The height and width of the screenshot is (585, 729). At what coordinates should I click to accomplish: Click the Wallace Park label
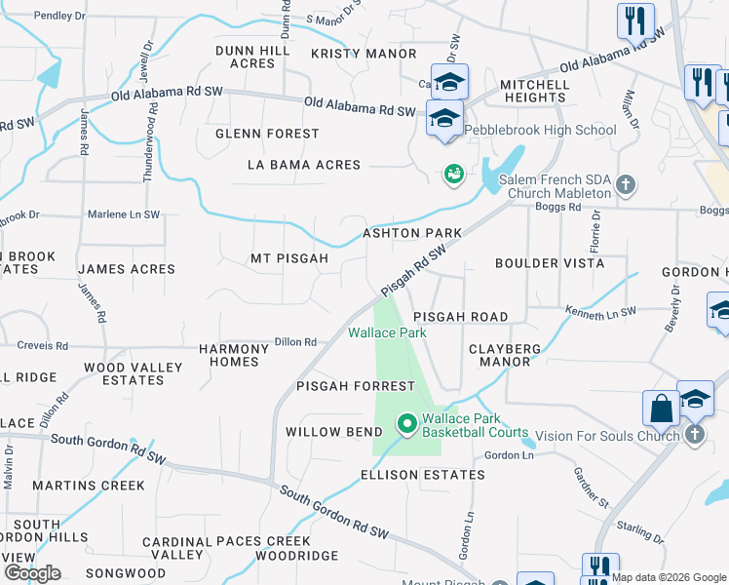[x=387, y=332]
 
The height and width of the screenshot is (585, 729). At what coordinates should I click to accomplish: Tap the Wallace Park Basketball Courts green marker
[x=406, y=423]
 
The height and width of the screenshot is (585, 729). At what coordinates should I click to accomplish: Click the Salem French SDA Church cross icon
[x=627, y=183]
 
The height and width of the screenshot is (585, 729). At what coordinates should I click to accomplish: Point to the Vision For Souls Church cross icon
[x=694, y=434]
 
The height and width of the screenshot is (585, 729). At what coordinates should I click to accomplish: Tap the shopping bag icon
[x=661, y=409]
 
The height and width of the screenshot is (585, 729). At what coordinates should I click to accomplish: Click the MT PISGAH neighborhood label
[x=289, y=258]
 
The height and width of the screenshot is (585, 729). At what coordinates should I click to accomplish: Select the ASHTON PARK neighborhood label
[x=412, y=233]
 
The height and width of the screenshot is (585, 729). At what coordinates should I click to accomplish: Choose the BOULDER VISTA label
[x=550, y=263]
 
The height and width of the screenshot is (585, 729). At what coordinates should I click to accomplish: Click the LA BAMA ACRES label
[x=304, y=165]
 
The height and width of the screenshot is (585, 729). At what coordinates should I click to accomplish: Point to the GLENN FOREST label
[x=267, y=134]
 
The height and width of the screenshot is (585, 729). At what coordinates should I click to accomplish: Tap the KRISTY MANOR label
[x=364, y=54]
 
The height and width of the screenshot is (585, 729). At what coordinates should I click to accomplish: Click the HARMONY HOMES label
[x=235, y=355]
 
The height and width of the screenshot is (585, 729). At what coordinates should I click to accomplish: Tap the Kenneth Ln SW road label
[x=600, y=311]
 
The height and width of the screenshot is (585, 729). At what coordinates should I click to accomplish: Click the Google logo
[x=32, y=573]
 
